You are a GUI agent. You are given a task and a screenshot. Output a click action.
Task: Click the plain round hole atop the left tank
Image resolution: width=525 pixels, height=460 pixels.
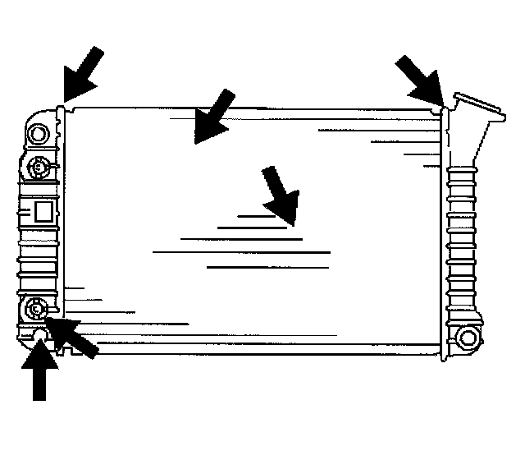click(38, 132)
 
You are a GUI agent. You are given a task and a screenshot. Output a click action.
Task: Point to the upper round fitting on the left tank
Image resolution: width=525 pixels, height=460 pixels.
click(38, 168)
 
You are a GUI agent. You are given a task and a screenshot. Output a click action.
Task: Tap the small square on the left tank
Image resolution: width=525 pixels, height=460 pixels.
click(43, 212)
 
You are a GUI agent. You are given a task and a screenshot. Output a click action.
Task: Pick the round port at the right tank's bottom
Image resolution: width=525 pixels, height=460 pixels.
click(468, 337)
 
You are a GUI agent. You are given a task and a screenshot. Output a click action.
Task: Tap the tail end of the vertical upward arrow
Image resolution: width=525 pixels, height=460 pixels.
click(39, 398)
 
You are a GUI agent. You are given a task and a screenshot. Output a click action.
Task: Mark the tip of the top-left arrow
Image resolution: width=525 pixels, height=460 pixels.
click(66, 99)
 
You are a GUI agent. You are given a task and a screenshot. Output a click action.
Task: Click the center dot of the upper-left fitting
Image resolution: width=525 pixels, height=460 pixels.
click(38, 168)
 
